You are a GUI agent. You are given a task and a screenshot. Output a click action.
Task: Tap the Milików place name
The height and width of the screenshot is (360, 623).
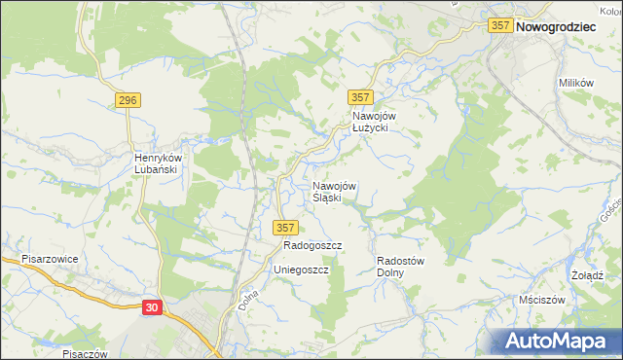pyautogui.click(x=575, y=84)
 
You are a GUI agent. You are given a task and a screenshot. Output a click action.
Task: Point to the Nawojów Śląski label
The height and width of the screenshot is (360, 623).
pyautogui.click(x=333, y=192)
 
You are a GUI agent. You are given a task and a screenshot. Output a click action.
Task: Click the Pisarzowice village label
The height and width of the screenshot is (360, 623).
pyautogui.click(x=50, y=260)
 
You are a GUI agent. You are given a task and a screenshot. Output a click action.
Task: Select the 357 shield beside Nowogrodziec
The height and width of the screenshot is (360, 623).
pyautogui.click(x=500, y=27)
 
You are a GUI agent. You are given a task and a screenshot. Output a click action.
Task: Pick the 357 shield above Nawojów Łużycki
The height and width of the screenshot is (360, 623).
pyautogui.click(x=360, y=97)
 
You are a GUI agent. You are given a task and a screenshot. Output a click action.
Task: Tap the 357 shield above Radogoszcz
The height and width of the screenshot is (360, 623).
pyautogui.click(x=284, y=228)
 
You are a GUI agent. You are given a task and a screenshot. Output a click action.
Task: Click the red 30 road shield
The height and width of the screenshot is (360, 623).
pyautogui.click(x=151, y=306)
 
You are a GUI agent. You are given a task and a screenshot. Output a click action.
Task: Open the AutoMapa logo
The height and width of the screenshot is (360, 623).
pyautogui.click(x=562, y=341)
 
